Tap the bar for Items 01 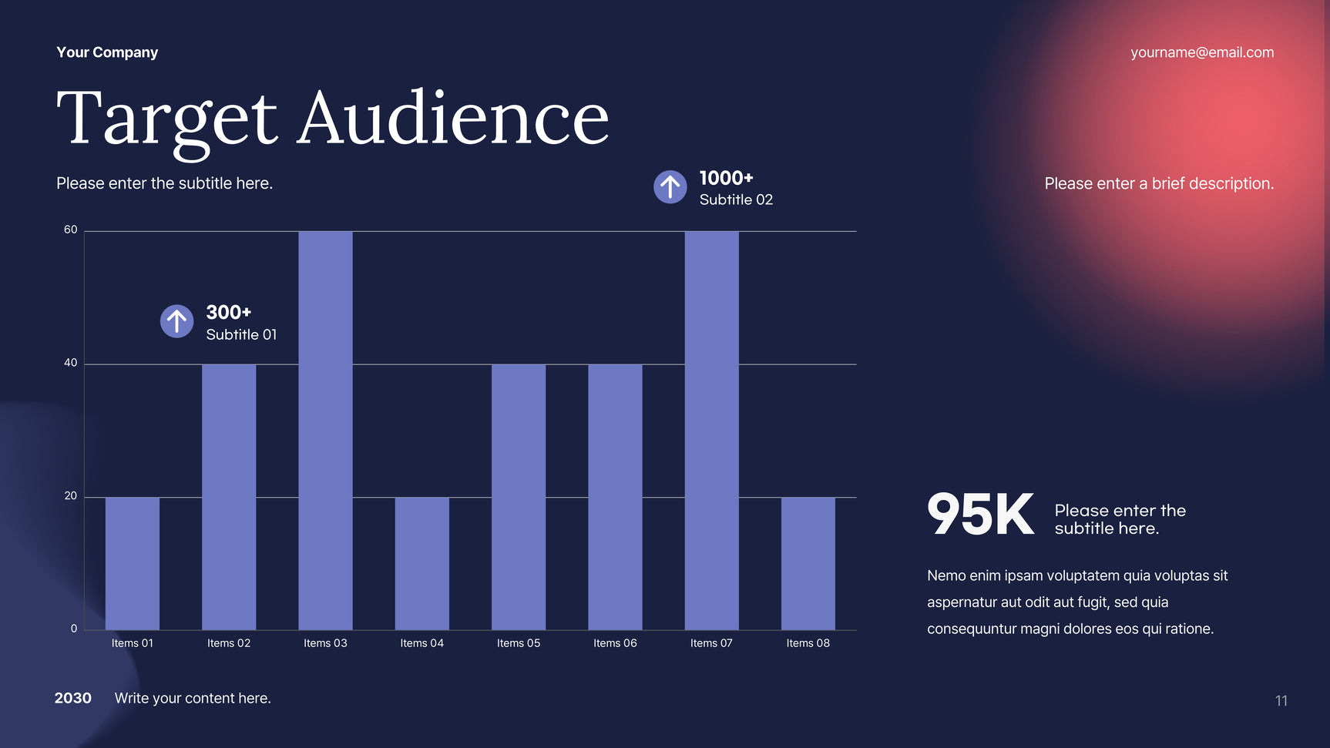pos(133,563)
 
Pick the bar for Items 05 pos(519,497)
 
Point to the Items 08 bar pos(808,563)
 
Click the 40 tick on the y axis pos(71,363)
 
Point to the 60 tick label pos(71,230)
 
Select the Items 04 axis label pos(422,643)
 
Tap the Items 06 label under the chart pos(615,643)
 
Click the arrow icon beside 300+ pos(176,321)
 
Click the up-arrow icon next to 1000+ pos(670,186)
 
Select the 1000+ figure pos(726,178)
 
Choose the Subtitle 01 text pos(241,334)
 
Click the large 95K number pos(980,515)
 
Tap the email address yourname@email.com pos(1202,52)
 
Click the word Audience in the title pos(453,119)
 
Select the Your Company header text pos(107,52)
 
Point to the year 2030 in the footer pos(73,698)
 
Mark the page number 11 pos(1281,700)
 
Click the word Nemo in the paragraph pos(945,575)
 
